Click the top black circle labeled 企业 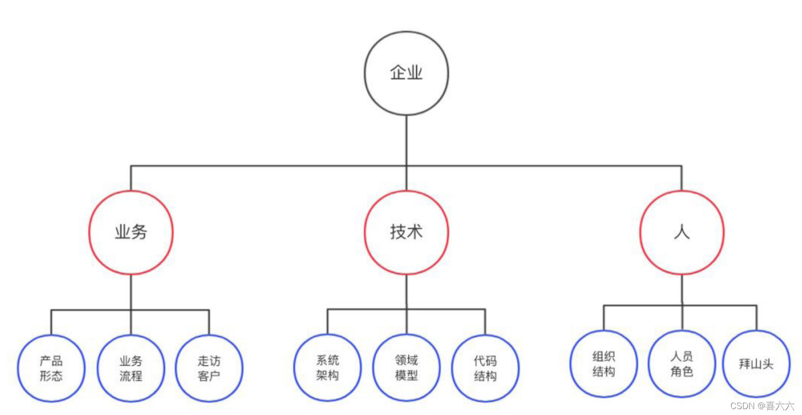coord(406,73)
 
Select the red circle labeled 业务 coord(131,232)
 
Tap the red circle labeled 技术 coord(406,232)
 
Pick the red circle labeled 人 coord(682,232)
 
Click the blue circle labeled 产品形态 coord(51,368)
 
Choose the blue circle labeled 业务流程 coord(131,368)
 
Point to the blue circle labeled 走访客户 coord(209,368)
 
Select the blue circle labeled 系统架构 coord(327,368)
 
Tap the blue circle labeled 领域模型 coord(406,368)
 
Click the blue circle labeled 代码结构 coord(485,368)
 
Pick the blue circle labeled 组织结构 coord(603,364)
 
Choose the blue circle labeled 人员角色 coord(682,364)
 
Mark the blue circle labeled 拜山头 coord(756,364)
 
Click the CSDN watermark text coord(762,406)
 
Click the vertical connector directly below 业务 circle coord(131,292)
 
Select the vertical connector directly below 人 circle coord(682,290)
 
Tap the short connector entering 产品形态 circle coord(51,322)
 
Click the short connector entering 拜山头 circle coord(757,318)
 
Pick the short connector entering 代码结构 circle coord(485,322)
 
